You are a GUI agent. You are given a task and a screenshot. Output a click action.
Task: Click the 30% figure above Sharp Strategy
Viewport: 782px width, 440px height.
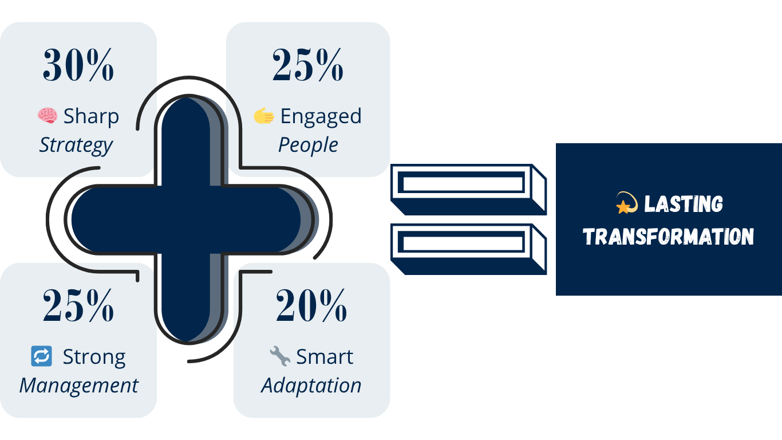point(78,65)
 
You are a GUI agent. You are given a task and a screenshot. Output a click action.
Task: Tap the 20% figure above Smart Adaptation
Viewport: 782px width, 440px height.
point(311,305)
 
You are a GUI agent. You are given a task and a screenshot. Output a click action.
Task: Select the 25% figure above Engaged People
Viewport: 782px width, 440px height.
point(308,65)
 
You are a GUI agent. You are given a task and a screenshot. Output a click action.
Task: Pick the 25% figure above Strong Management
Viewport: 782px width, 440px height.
point(78,305)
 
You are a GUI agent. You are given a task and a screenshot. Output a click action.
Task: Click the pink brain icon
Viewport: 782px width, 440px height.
point(48,115)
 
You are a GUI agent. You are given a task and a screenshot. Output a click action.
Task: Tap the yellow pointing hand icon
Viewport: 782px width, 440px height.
point(264,115)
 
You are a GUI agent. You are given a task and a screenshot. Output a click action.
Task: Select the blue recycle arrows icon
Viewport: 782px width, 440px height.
point(42,356)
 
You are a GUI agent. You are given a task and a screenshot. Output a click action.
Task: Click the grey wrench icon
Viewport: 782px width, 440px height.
point(280,356)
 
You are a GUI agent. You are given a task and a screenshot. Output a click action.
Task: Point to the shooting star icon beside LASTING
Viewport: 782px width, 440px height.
point(627,203)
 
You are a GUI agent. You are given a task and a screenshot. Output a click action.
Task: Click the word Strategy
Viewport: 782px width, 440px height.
point(76,146)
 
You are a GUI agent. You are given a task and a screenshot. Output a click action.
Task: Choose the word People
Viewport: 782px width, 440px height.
point(308,146)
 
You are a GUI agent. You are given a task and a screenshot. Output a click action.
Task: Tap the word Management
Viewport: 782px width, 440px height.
point(79,386)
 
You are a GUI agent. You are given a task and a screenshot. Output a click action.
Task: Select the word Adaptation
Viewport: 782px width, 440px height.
point(311,386)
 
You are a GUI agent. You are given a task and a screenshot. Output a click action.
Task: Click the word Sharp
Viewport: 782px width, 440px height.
point(91,116)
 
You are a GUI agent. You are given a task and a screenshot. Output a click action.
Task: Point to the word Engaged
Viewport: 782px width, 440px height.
point(321,116)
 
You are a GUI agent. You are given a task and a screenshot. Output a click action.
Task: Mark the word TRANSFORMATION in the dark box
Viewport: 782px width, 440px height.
point(668,237)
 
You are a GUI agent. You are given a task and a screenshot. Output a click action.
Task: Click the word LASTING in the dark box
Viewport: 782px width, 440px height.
point(683,204)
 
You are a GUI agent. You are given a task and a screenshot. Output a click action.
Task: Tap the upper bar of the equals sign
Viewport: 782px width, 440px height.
point(468,190)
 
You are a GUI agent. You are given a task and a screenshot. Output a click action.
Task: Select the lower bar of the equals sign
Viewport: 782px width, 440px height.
point(468,249)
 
